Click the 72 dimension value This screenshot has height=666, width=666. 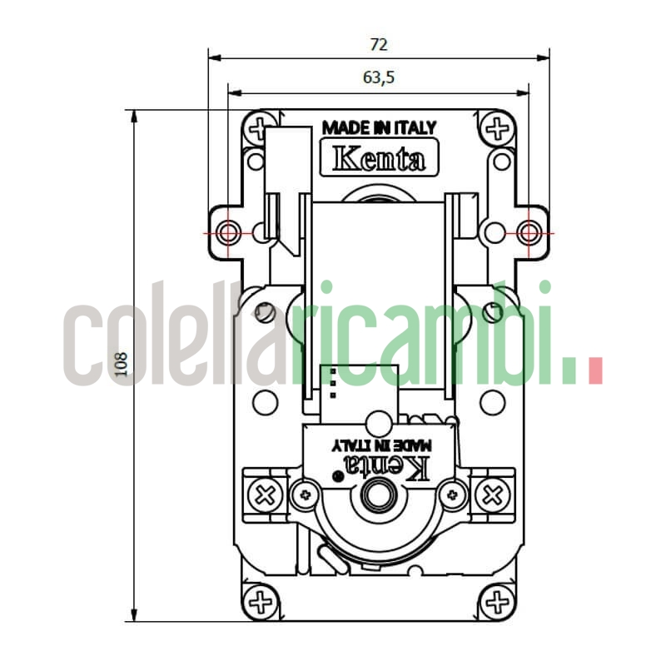379,44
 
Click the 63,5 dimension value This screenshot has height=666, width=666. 379,77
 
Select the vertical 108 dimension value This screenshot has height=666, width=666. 122,365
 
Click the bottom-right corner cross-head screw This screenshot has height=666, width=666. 497,600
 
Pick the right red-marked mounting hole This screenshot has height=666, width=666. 529,232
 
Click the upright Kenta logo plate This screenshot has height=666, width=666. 379,158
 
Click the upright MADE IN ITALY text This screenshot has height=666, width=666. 379,128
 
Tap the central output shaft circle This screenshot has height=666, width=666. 380,495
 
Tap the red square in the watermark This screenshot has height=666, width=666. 594,371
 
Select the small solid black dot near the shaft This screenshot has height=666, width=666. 336,477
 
